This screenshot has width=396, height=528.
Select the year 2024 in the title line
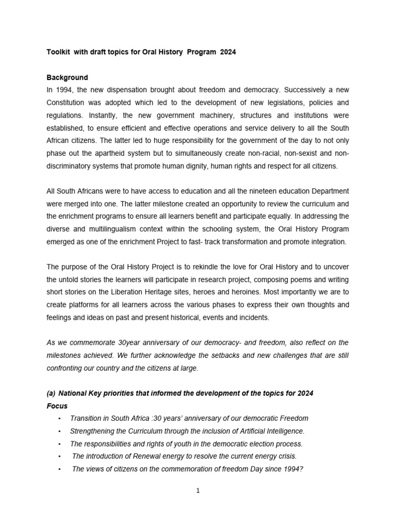[x=228, y=53]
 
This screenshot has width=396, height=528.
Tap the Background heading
[x=67, y=77]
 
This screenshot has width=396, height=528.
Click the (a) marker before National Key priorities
[x=51, y=393]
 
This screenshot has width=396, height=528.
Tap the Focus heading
[x=57, y=406]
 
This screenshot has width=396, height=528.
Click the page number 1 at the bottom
[x=198, y=491]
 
